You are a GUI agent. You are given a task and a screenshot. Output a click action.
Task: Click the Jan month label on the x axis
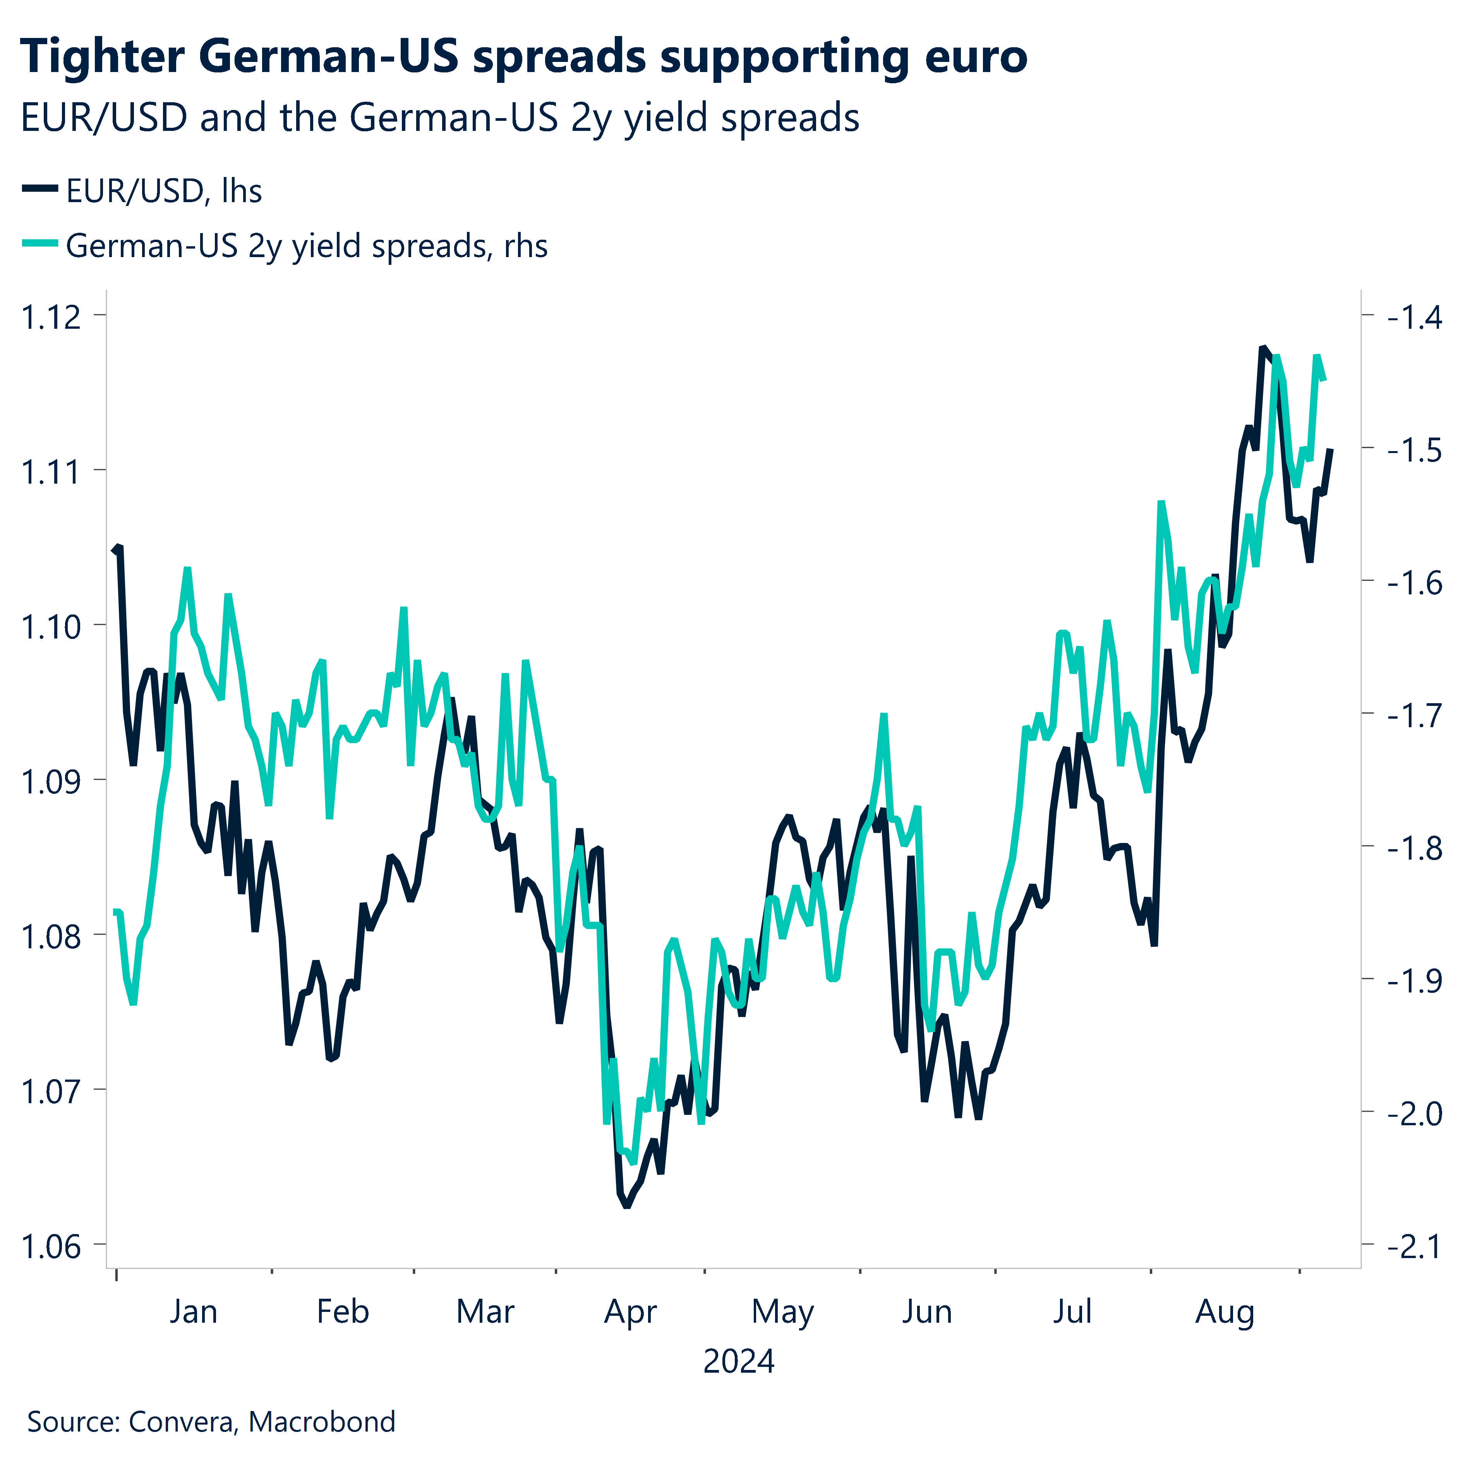(194, 1311)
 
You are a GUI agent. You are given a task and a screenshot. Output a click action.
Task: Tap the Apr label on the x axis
(630, 1311)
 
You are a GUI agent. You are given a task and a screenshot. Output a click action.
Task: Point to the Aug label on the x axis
(1225, 1311)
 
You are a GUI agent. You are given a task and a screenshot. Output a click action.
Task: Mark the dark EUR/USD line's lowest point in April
(627, 1205)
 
